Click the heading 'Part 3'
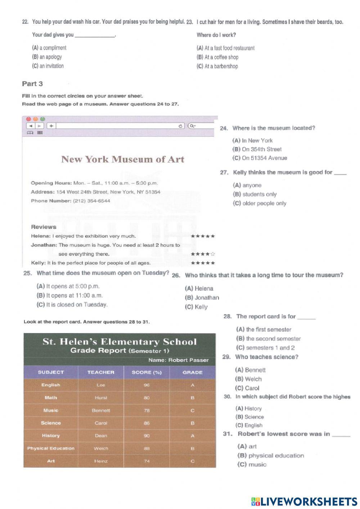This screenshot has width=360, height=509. tap(32, 84)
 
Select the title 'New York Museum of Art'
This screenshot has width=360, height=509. tap(122, 159)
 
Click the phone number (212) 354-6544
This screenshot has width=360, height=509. tap(91, 201)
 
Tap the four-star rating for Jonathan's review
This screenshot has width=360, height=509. tap(203, 254)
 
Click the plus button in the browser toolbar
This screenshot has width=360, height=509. tap(51, 126)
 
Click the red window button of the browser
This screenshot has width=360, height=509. tap(29, 119)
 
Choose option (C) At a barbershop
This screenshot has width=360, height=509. tap(217, 66)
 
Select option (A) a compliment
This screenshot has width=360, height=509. tap(49, 48)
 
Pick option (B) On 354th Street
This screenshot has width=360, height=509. tap(257, 149)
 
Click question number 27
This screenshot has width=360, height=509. tap(224, 173)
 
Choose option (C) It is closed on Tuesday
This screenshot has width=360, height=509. tap(72, 305)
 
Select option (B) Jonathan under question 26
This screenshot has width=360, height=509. tap(202, 298)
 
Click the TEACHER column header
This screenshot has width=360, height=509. tap(101, 372)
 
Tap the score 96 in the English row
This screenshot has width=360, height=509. tap(147, 385)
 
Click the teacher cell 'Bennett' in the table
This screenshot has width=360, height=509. tap(101, 411)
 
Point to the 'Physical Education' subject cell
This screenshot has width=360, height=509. tap(51, 448)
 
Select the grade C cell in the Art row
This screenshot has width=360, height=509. tap(193, 461)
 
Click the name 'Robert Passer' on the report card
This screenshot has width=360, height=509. tap(188, 360)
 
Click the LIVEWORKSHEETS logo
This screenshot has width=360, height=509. tap(304, 502)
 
